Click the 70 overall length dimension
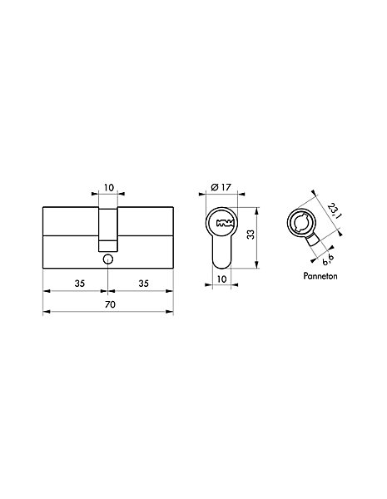110,304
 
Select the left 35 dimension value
80,284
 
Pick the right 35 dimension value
144,284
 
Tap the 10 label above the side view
109,187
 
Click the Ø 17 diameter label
221,187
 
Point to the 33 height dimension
251,235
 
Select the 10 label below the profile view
221,279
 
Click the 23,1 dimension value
334,211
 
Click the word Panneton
320,276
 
